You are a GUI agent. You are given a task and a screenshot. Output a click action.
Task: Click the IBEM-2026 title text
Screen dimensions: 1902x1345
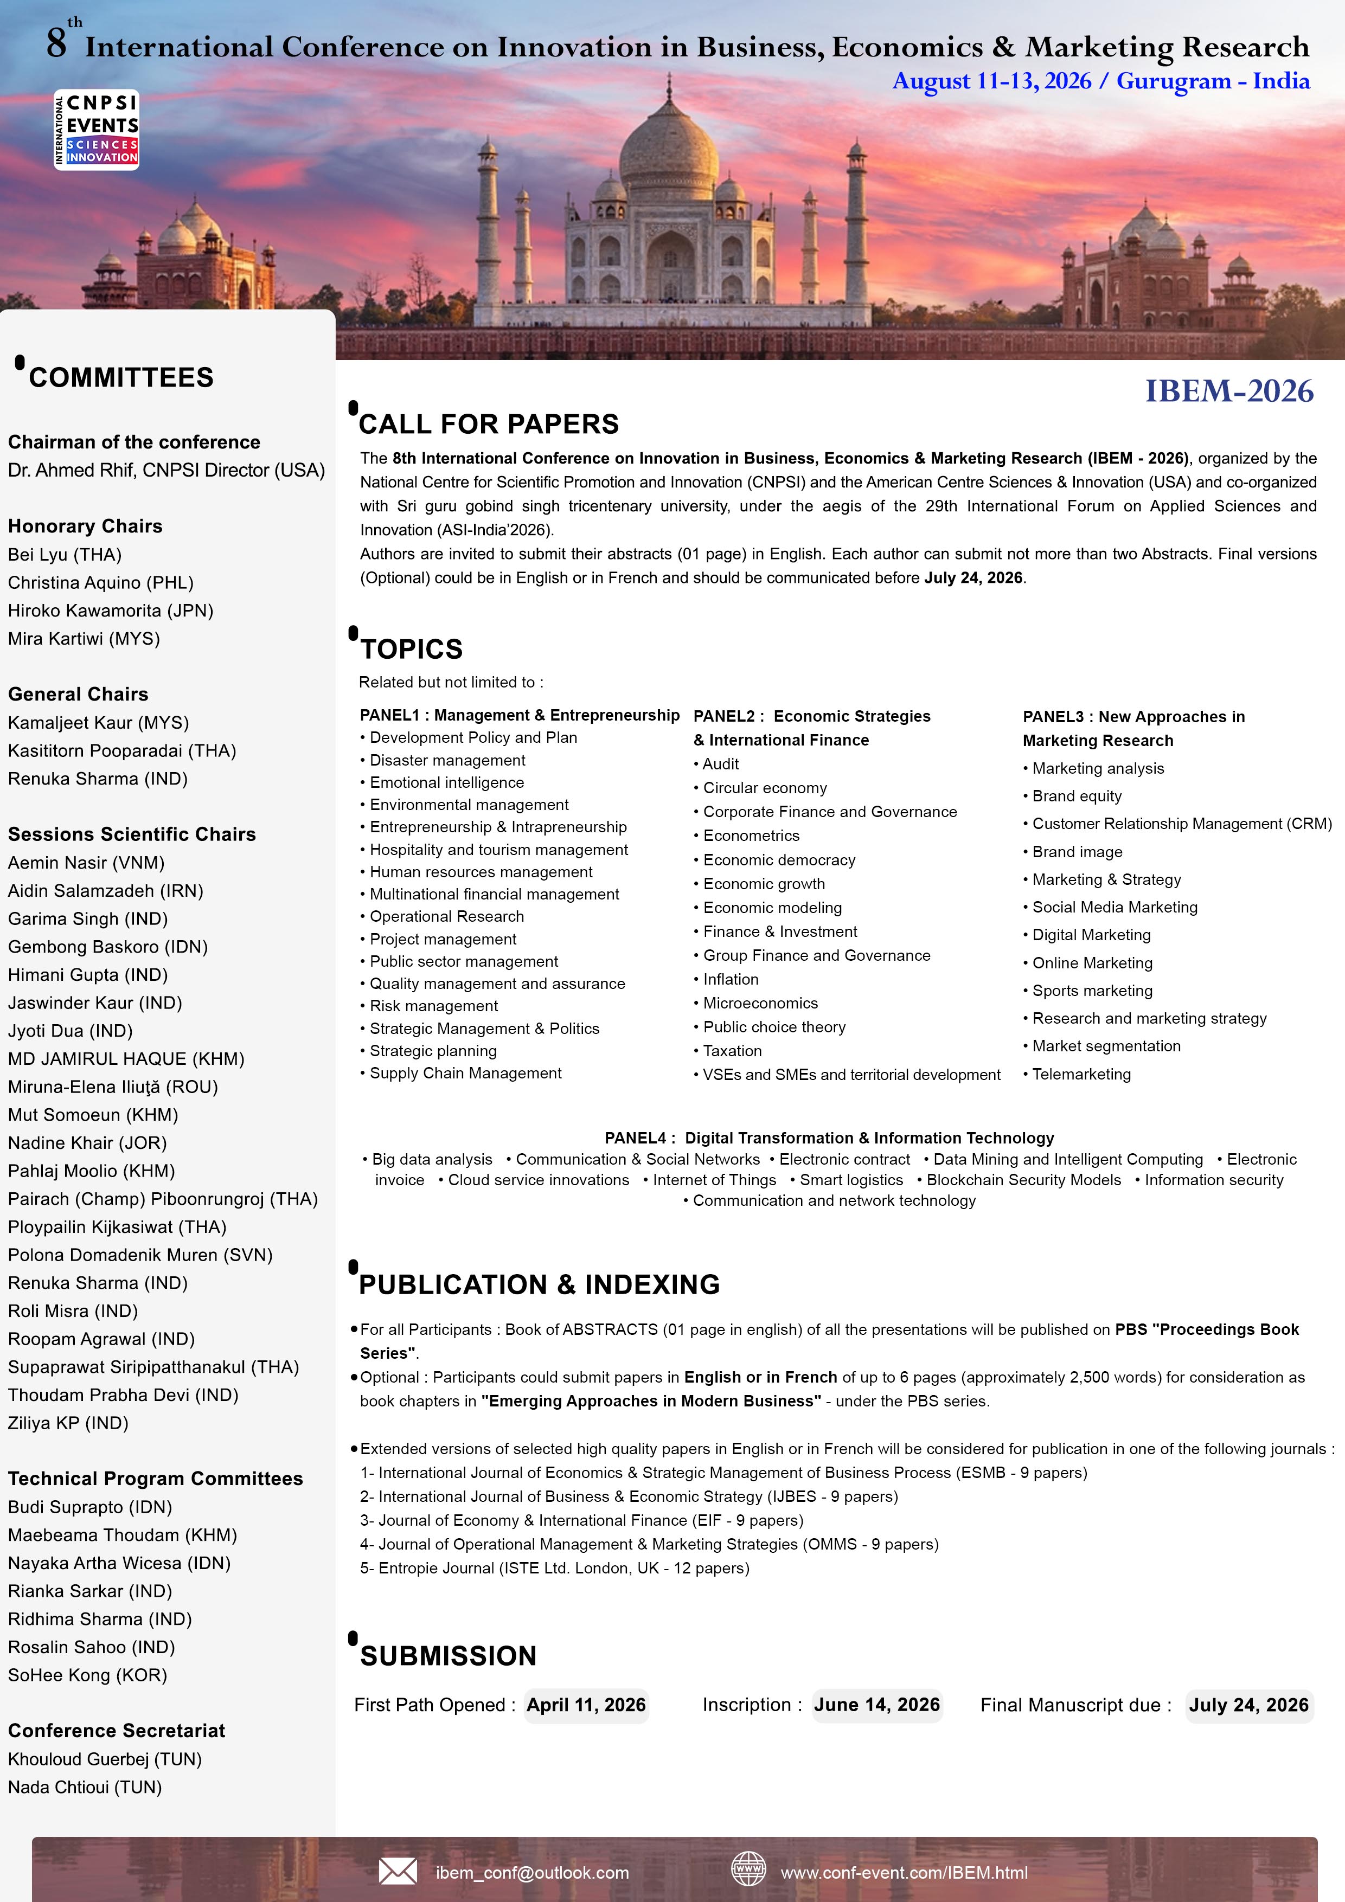(1228, 391)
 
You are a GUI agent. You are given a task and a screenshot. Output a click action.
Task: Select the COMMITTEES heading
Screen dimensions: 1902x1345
(121, 378)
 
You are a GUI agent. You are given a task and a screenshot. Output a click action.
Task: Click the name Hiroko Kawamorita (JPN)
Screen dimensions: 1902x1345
(110, 611)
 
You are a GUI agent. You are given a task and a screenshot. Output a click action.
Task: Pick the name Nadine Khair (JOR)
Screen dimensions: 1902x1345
(87, 1142)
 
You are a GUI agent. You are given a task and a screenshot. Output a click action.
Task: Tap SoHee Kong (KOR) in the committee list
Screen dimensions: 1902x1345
(87, 1674)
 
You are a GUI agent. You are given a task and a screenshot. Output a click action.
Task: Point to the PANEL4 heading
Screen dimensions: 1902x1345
(829, 1138)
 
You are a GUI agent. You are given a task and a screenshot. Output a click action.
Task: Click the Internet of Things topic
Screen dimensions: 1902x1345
(714, 1180)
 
